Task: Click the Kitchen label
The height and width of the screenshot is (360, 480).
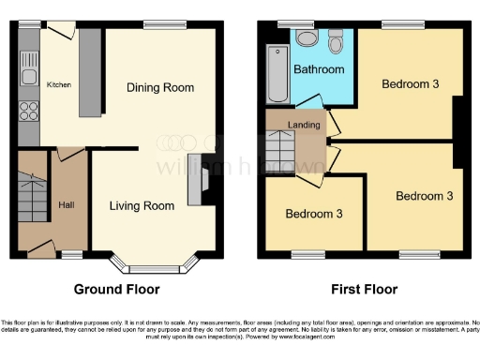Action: pos(59,84)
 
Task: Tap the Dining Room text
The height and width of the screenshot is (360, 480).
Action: pos(160,88)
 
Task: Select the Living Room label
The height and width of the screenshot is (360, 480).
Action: pos(142,206)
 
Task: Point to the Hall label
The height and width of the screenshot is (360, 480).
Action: pos(67,204)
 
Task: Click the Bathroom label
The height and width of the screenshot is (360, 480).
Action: pos(319,69)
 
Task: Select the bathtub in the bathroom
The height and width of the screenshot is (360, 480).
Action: pos(278,73)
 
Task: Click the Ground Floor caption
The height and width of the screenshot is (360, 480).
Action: pos(117,290)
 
